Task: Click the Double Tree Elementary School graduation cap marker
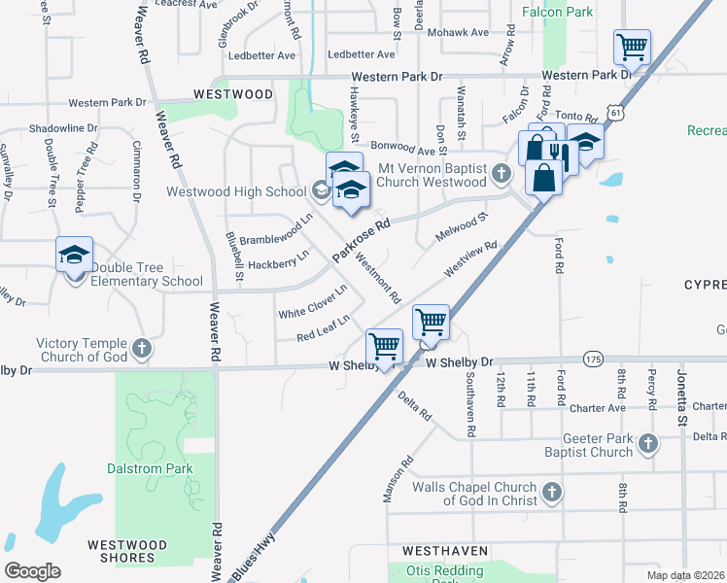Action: point(74,256)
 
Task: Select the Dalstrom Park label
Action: point(150,468)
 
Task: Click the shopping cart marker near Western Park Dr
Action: point(632,46)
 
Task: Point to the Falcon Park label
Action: point(557,13)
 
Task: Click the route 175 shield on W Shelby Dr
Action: point(593,360)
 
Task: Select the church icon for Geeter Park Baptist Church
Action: point(648,445)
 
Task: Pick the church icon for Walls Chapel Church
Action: point(552,493)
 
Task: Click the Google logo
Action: point(32,571)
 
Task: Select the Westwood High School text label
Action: point(236,191)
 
